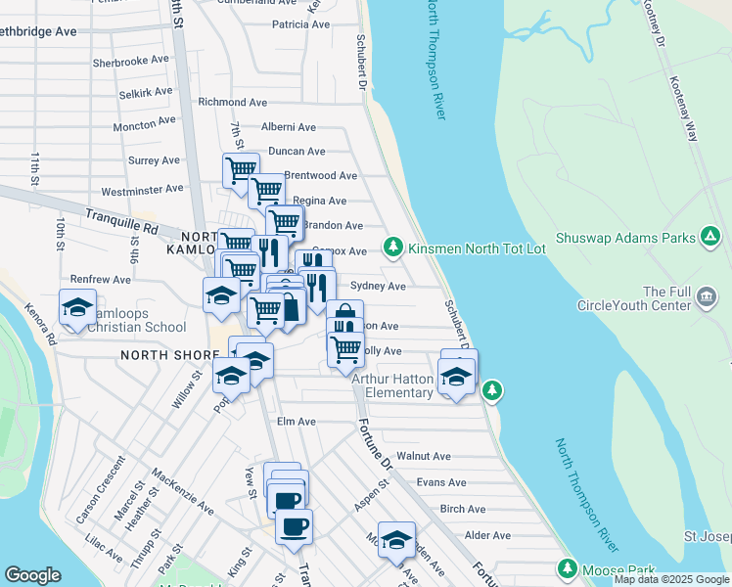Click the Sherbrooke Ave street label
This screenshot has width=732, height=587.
click(130, 60)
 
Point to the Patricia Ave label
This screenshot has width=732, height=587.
click(300, 24)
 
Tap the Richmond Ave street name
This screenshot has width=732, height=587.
click(232, 102)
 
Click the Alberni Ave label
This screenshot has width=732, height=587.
click(288, 127)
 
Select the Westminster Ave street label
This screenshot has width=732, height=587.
click(142, 190)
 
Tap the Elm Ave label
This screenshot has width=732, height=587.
click(297, 422)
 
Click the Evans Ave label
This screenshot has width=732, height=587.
click(440, 482)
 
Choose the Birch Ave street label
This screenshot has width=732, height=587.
click(463, 509)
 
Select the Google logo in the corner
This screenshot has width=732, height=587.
click(32, 575)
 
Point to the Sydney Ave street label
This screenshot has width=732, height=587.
click(378, 286)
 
